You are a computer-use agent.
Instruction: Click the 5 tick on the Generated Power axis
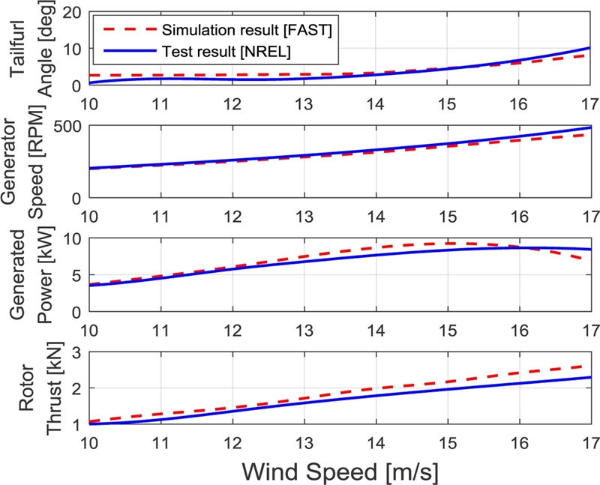76,275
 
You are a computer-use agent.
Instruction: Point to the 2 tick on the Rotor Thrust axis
76,388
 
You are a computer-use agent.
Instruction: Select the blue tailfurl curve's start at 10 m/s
89,83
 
